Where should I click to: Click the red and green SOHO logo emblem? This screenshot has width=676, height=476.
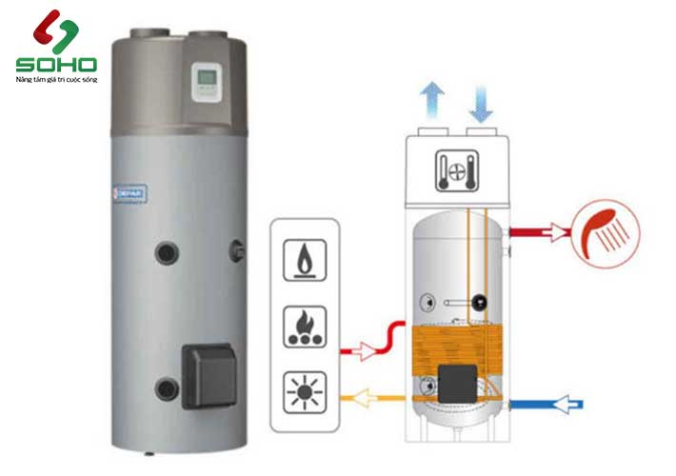tap(54, 32)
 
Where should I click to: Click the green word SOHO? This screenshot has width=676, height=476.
tap(56, 65)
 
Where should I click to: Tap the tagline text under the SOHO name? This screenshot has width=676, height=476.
tap(56, 80)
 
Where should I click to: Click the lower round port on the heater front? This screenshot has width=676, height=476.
tap(168, 388)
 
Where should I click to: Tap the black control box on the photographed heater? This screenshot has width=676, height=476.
tap(208, 372)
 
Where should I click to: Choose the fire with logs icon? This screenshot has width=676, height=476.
tap(305, 324)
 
